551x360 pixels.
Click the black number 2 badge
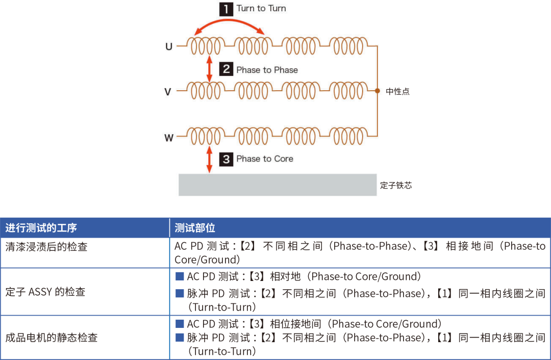coord(227,69)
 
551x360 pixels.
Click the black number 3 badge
coord(227,159)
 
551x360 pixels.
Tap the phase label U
coord(168,47)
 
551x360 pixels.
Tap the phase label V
coord(168,92)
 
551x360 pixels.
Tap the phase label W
coord(168,137)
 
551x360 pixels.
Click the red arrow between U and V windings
coord(209,69)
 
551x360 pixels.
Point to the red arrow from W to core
coord(209,159)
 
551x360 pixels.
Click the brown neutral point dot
coord(378,91)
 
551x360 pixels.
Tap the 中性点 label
coord(398,92)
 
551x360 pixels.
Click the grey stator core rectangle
coord(278,185)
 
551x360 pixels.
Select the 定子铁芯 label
coord(396,185)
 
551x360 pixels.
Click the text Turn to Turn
coord(261,9)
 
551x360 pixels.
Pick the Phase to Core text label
coord(265,159)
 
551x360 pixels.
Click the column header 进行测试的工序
coord(41,228)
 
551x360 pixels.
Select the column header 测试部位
coord(195,228)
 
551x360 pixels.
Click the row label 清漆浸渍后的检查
coord(46,247)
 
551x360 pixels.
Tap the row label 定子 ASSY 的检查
coord(45,292)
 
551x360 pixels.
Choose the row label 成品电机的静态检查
coord(52,338)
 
